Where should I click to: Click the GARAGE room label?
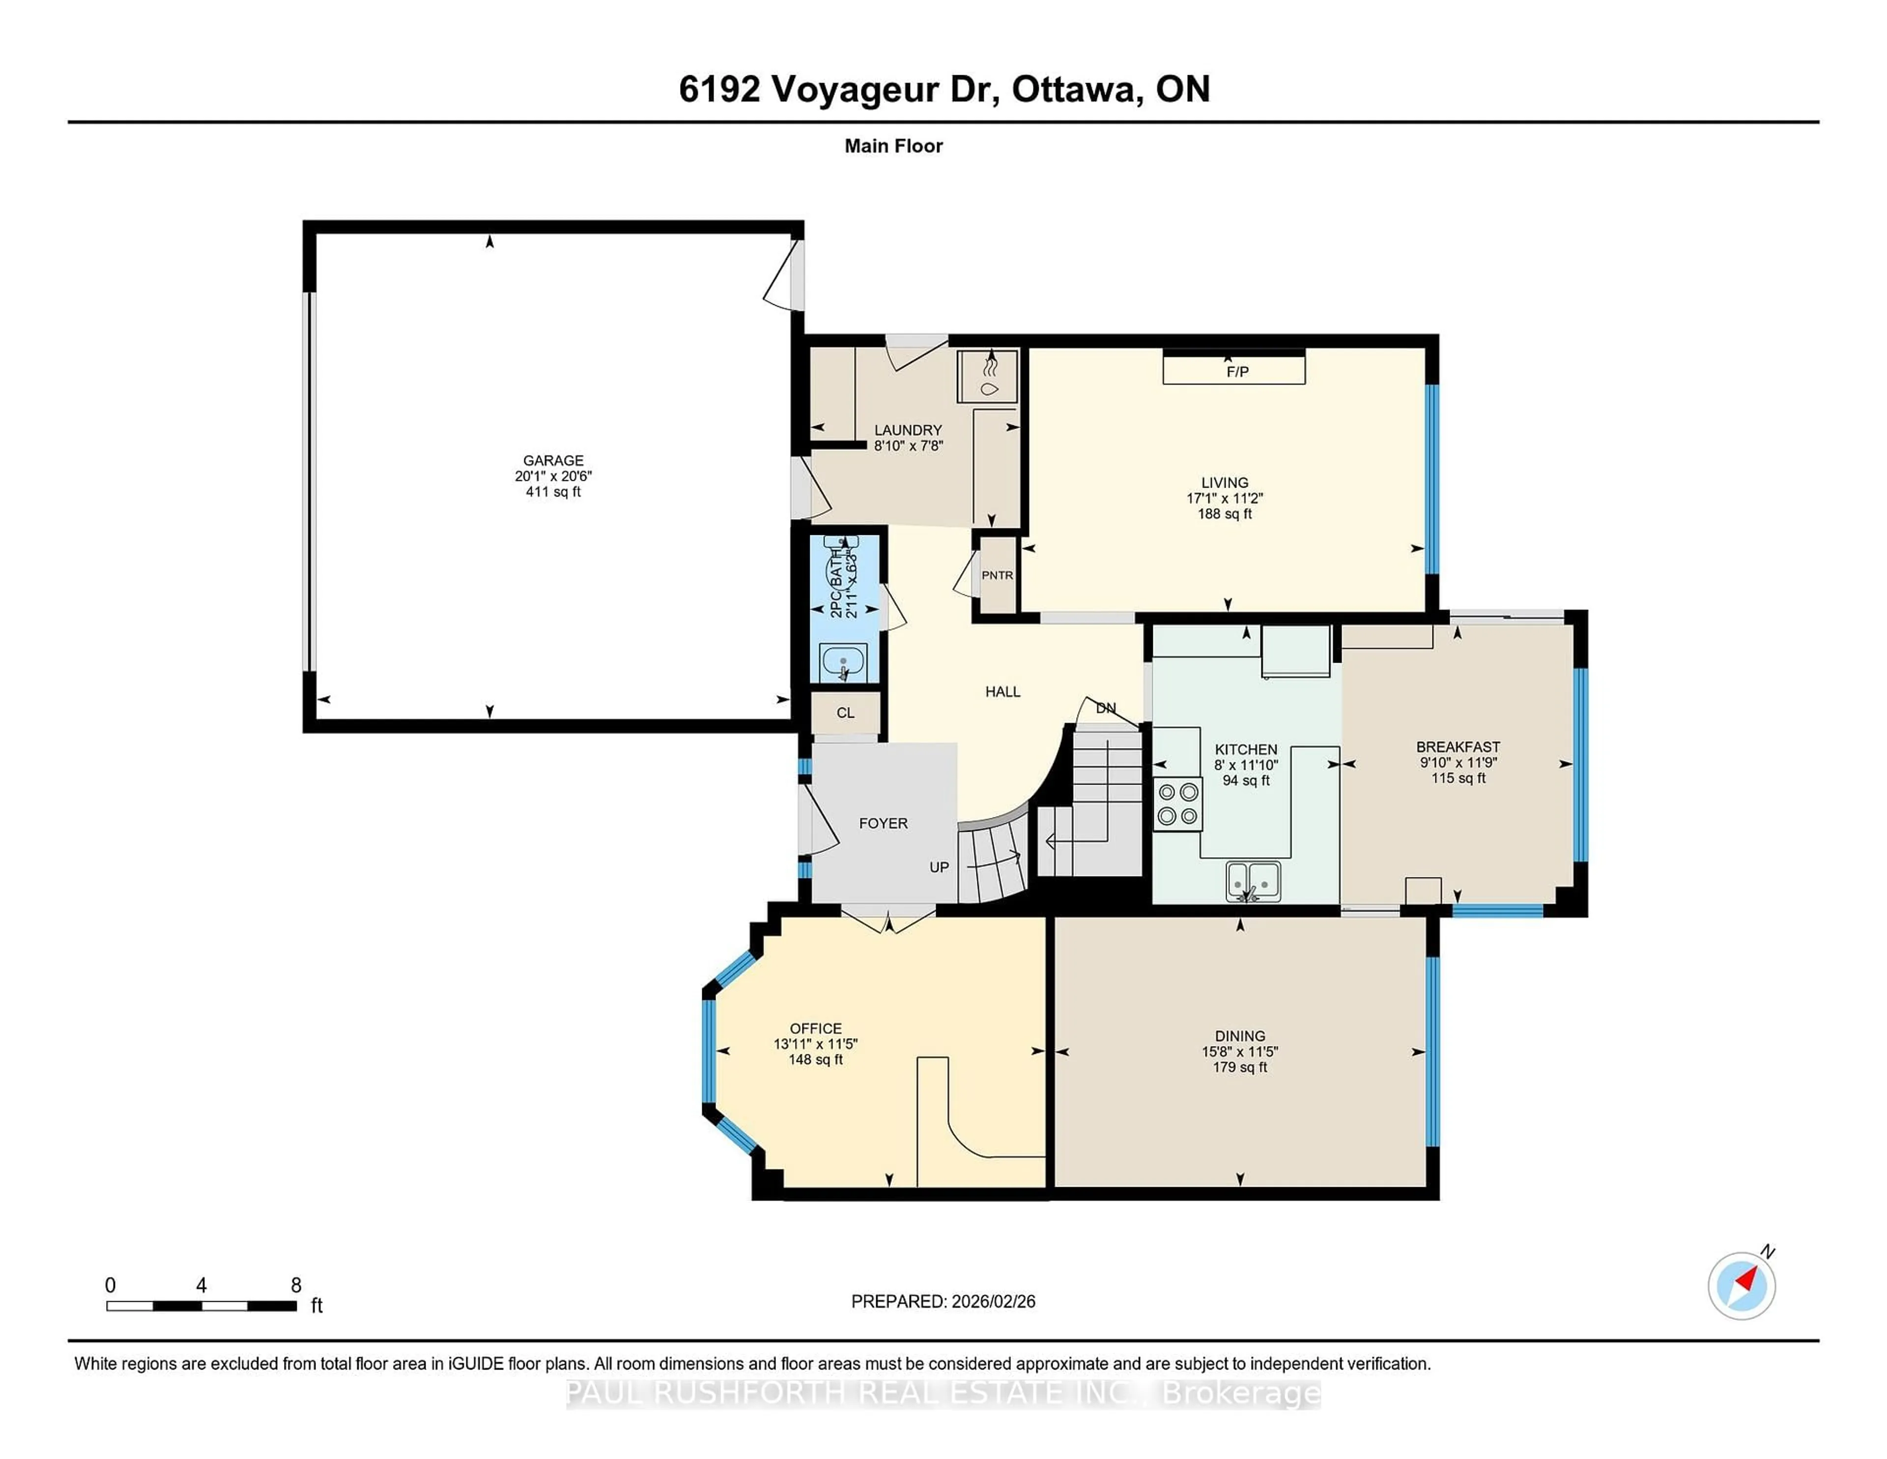pos(553,460)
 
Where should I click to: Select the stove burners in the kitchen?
pos(1177,803)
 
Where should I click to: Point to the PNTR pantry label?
pos(997,575)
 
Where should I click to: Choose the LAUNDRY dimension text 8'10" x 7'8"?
pos(908,446)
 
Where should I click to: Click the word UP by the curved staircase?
pos(939,867)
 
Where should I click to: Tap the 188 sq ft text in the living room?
pos(1224,513)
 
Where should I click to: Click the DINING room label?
pos(1240,1035)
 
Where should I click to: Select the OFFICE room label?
pos(816,1028)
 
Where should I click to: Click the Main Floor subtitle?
pos(893,146)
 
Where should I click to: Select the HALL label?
pos(1002,692)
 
